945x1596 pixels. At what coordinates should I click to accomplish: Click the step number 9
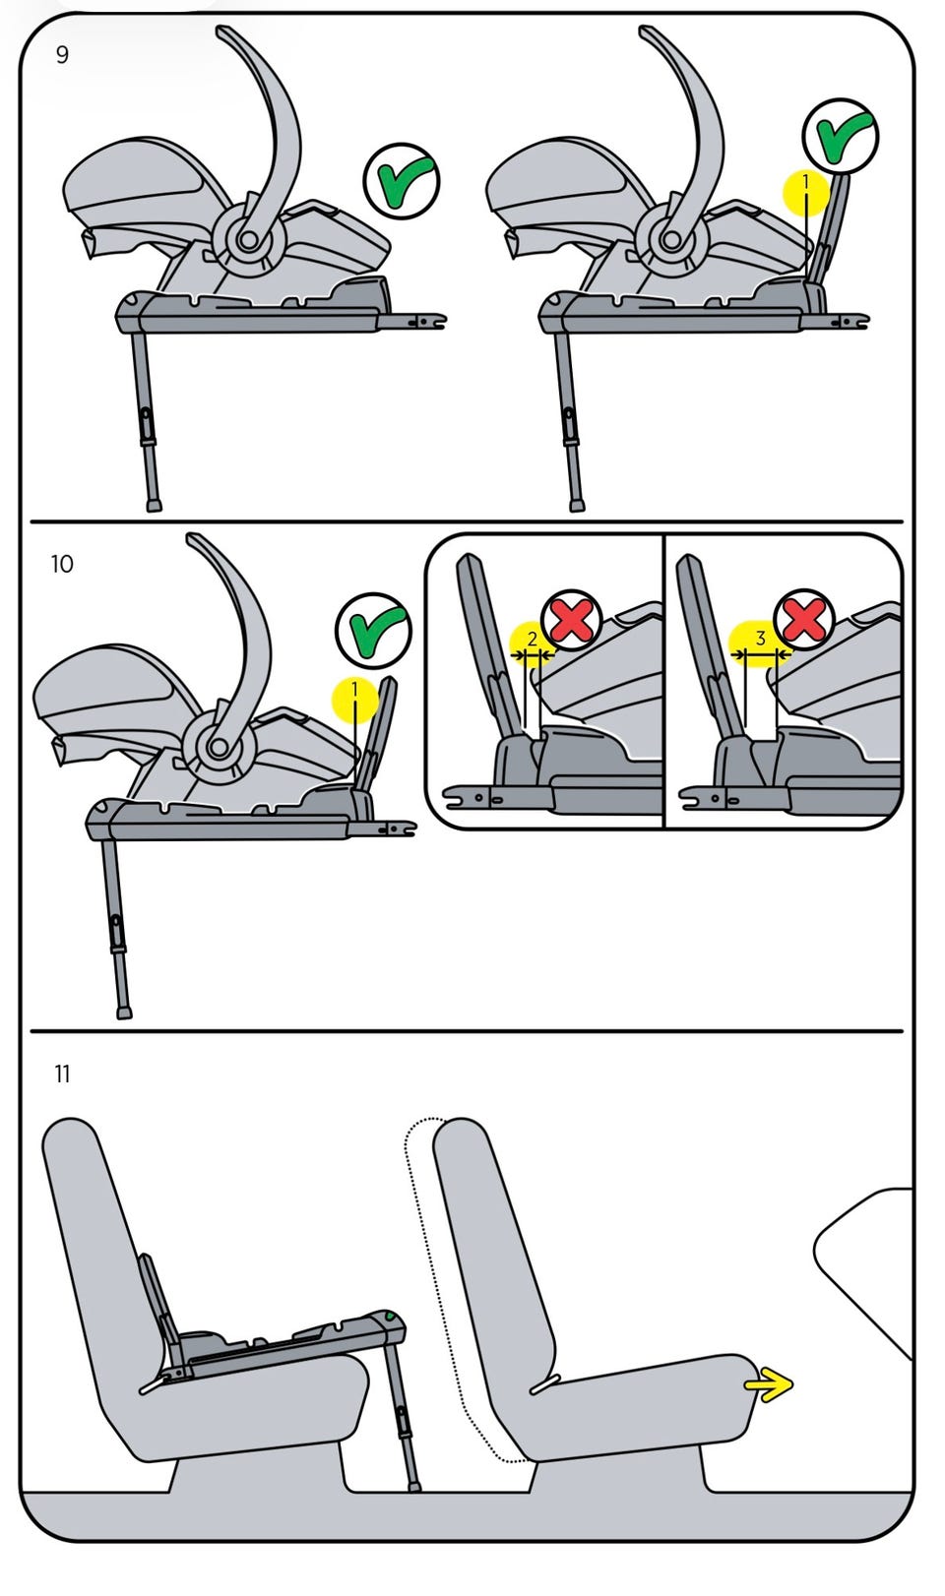(62, 55)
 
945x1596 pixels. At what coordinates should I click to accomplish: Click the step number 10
(62, 564)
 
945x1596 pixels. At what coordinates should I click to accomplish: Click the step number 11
(62, 1074)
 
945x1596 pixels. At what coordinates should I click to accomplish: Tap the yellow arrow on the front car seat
(768, 1384)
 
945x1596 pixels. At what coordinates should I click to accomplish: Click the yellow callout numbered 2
(532, 641)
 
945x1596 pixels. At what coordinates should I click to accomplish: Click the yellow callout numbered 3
(760, 640)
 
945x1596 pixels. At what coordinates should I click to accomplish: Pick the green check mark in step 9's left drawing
(402, 181)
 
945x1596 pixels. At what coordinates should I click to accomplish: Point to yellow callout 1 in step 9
(805, 192)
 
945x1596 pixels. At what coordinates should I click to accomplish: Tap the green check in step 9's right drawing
(841, 136)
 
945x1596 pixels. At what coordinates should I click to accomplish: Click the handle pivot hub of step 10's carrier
(220, 748)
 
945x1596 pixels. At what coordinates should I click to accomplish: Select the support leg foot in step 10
(124, 1013)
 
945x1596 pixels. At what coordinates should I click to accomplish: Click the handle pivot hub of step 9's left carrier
(248, 239)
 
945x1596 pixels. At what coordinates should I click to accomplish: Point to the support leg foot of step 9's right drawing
(577, 505)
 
